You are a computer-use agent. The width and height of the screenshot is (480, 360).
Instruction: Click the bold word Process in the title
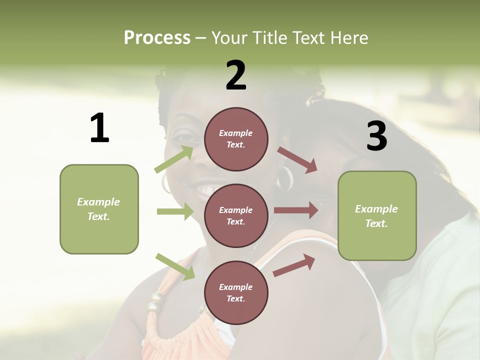157,37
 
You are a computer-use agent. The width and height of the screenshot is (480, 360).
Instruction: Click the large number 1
99,128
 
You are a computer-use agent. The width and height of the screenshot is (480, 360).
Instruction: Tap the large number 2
236,75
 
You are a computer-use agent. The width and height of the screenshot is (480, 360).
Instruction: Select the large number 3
376,136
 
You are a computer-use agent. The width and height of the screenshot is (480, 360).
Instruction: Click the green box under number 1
99,209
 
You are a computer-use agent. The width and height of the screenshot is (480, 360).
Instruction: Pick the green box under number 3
377,215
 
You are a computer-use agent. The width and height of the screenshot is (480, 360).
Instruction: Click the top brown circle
236,139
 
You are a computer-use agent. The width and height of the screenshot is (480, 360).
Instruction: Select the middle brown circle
236,215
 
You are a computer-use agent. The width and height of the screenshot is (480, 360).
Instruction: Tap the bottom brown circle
236,292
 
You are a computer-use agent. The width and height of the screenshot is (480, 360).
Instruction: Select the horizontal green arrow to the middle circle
175,211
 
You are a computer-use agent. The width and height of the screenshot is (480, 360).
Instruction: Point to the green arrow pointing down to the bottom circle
175,266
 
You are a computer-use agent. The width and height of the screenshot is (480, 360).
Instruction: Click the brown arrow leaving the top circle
297,159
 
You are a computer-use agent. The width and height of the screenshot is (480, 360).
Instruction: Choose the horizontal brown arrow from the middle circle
296,210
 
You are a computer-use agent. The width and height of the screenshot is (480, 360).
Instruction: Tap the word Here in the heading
348,37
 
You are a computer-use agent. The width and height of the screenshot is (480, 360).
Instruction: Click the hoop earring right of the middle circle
284,179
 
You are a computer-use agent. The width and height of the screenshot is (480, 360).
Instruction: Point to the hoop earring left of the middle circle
166,184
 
